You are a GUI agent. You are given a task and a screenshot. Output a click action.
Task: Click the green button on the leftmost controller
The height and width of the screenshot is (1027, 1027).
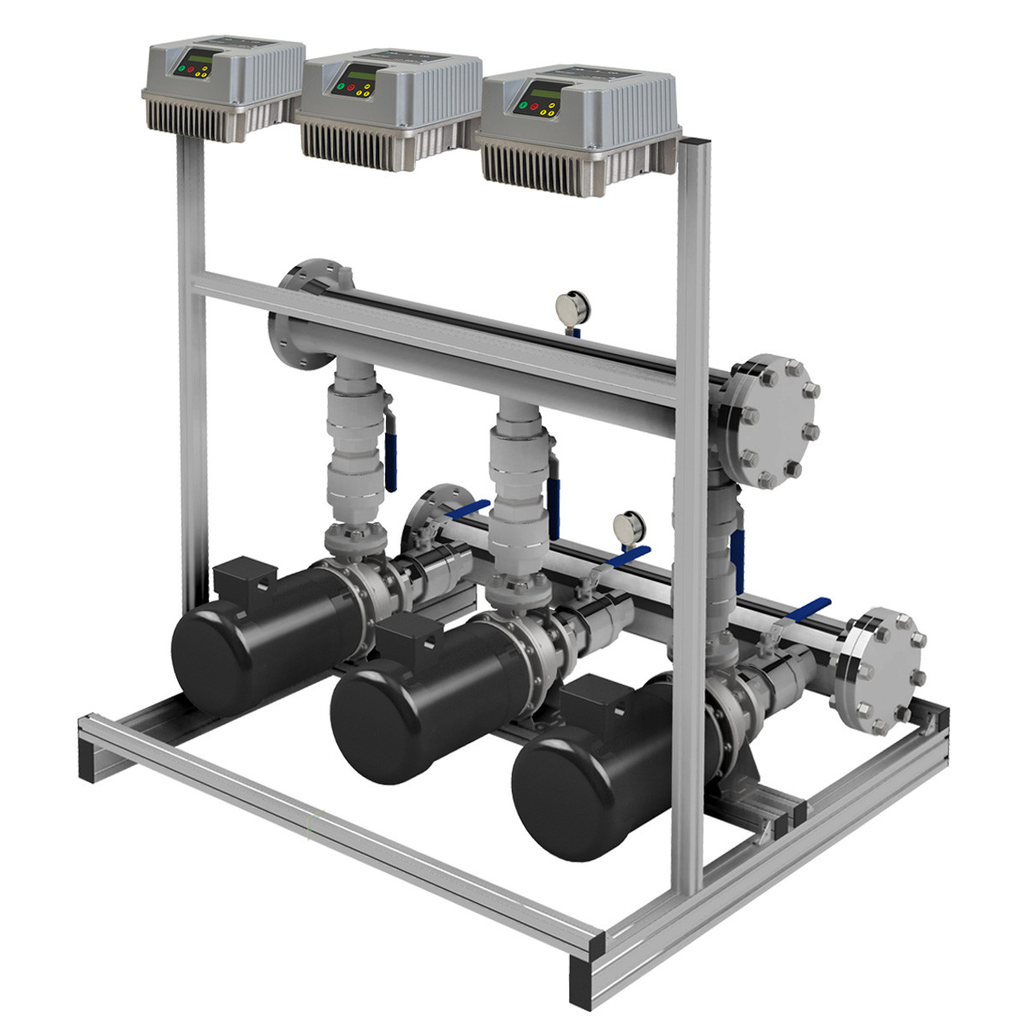click(181, 68)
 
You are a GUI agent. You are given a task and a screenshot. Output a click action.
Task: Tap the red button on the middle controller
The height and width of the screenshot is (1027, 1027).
click(351, 87)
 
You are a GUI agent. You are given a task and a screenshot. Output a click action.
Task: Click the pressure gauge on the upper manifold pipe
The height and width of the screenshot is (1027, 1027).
click(567, 306)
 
